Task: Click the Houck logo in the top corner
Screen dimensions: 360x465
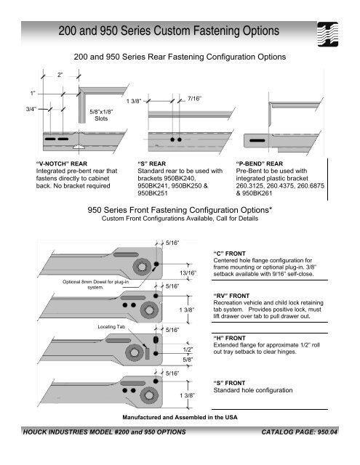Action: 328,34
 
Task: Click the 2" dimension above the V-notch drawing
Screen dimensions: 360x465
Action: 60,75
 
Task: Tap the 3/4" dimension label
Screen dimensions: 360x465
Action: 31,109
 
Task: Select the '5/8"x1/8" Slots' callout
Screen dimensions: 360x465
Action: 101,115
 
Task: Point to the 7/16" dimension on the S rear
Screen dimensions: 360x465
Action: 194,99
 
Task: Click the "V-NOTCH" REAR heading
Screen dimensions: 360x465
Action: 62,163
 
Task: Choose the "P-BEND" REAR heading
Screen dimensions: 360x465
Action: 260,163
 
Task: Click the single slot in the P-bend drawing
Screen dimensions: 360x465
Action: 257,140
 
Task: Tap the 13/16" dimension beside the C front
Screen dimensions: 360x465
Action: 188,273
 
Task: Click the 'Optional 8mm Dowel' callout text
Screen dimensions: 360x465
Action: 95,284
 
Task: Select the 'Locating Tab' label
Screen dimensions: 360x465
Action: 111,327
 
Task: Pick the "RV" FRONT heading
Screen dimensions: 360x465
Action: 231,296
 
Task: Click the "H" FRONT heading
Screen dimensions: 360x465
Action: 230,338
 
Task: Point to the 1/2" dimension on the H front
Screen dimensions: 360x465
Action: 188,349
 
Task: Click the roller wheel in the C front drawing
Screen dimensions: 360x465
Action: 142,267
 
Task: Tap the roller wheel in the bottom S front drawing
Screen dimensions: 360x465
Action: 148,395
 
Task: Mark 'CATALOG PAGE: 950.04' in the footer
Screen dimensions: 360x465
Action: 299,432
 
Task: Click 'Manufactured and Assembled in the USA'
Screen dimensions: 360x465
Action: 180,417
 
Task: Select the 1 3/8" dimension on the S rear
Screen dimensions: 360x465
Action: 134,101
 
